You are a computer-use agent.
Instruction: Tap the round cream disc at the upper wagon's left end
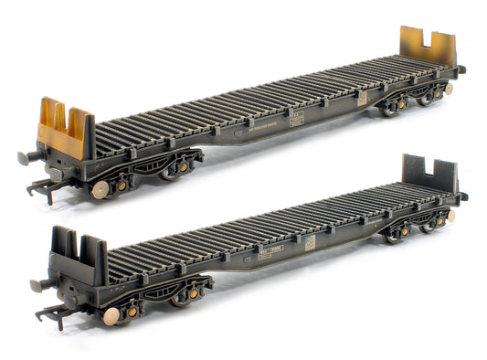click(x=101, y=189)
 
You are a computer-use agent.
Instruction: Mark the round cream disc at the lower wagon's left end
click(x=111, y=315)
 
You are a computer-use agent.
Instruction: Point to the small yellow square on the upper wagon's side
click(x=362, y=96)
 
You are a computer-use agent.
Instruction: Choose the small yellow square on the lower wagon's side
click(x=312, y=242)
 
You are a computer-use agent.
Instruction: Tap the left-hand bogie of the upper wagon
click(x=164, y=169)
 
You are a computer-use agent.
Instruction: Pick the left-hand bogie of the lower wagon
click(x=174, y=294)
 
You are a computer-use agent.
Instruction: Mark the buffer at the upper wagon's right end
click(x=461, y=69)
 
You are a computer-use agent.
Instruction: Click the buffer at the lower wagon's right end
click(x=462, y=196)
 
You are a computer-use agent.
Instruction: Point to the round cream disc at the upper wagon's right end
click(x=449, y=90)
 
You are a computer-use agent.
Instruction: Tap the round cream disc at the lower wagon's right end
click(x=450, y=217)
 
